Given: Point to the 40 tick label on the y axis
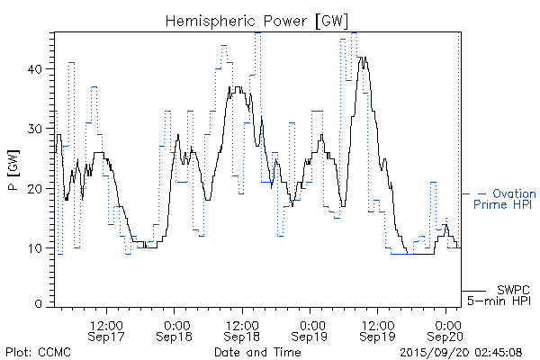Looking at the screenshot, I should click(38, 69).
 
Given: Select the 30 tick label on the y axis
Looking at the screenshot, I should click(38, 129).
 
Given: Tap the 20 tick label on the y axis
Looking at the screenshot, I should click(38, 188).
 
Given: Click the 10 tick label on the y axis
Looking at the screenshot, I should click(38, 247).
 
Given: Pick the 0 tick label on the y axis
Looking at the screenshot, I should click(41, 305).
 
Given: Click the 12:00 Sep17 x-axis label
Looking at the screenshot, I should click(107, 329).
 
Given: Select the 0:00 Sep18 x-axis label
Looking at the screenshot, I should click(176, 329).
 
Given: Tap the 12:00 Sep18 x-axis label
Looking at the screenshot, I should click(242, 329).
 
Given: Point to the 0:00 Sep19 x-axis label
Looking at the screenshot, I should click(311, 329).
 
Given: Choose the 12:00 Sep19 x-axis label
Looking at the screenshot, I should click(378, 329).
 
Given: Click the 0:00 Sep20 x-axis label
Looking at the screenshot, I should click(446, 329).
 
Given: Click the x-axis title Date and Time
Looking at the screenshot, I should click(256, 351).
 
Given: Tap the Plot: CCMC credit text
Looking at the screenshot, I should click(34, 351).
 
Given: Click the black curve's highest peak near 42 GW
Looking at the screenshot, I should click(362, 58).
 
